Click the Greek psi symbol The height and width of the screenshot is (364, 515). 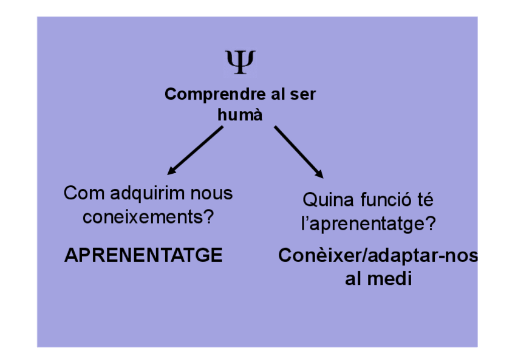tap(240, 62)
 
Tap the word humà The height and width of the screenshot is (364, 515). tap(240, 114)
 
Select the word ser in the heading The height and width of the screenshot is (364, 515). tap(304, 95)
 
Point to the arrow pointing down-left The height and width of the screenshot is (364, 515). tap(196, 151)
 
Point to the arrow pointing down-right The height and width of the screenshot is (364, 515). tap(298, 152)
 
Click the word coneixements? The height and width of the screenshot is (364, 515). tap(148, 217)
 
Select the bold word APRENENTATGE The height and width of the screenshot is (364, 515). tap(143, 256)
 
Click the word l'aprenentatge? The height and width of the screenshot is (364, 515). tap(369, 224)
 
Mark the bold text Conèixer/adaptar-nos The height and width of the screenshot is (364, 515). tap(378, 256)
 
